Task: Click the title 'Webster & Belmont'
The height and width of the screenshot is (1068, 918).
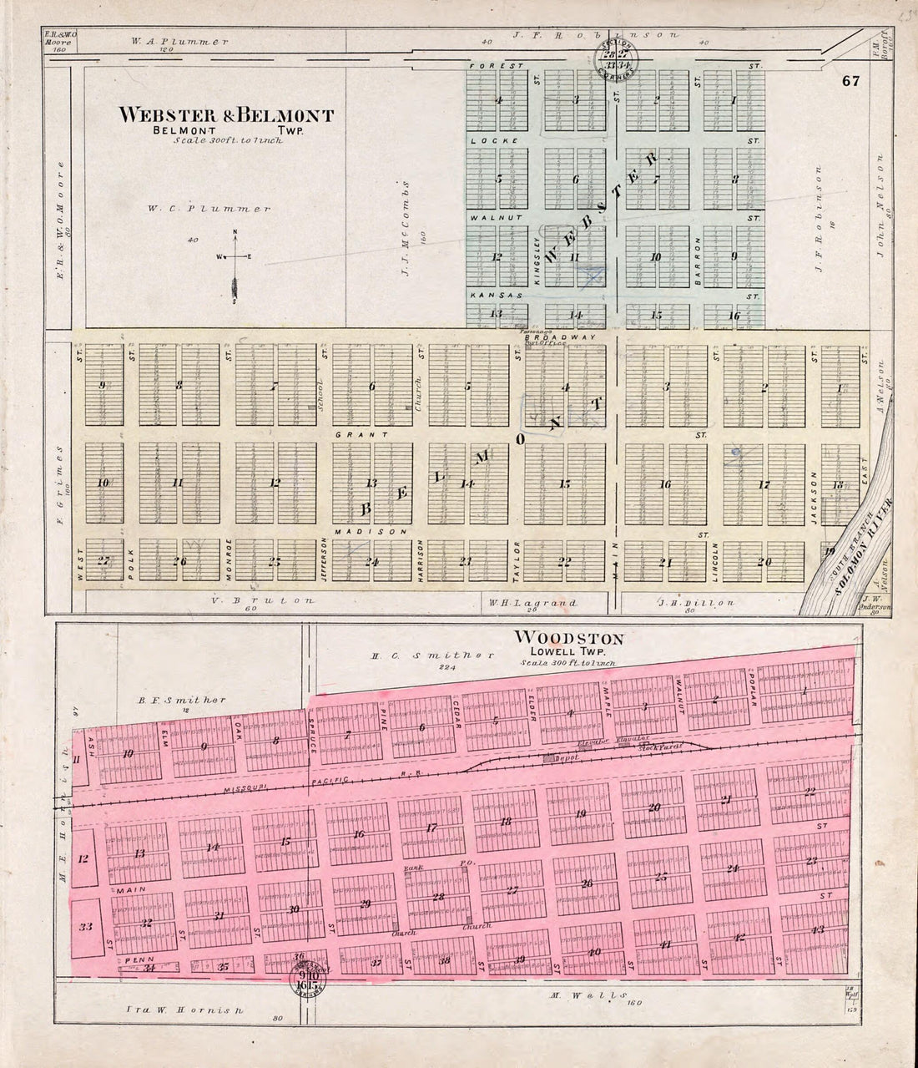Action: pyautogui.click(x=226, y=115)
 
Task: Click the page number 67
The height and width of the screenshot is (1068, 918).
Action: pyautogui.click(x=850, y=82)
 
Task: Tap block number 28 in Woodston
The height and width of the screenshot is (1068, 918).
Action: pyautogui.click(x=437, y=897)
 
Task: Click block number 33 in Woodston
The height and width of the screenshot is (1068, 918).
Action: pyautogui.click(x=84, y=926)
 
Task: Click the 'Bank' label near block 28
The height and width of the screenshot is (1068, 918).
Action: pyautogui.click(x=411, y=868)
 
